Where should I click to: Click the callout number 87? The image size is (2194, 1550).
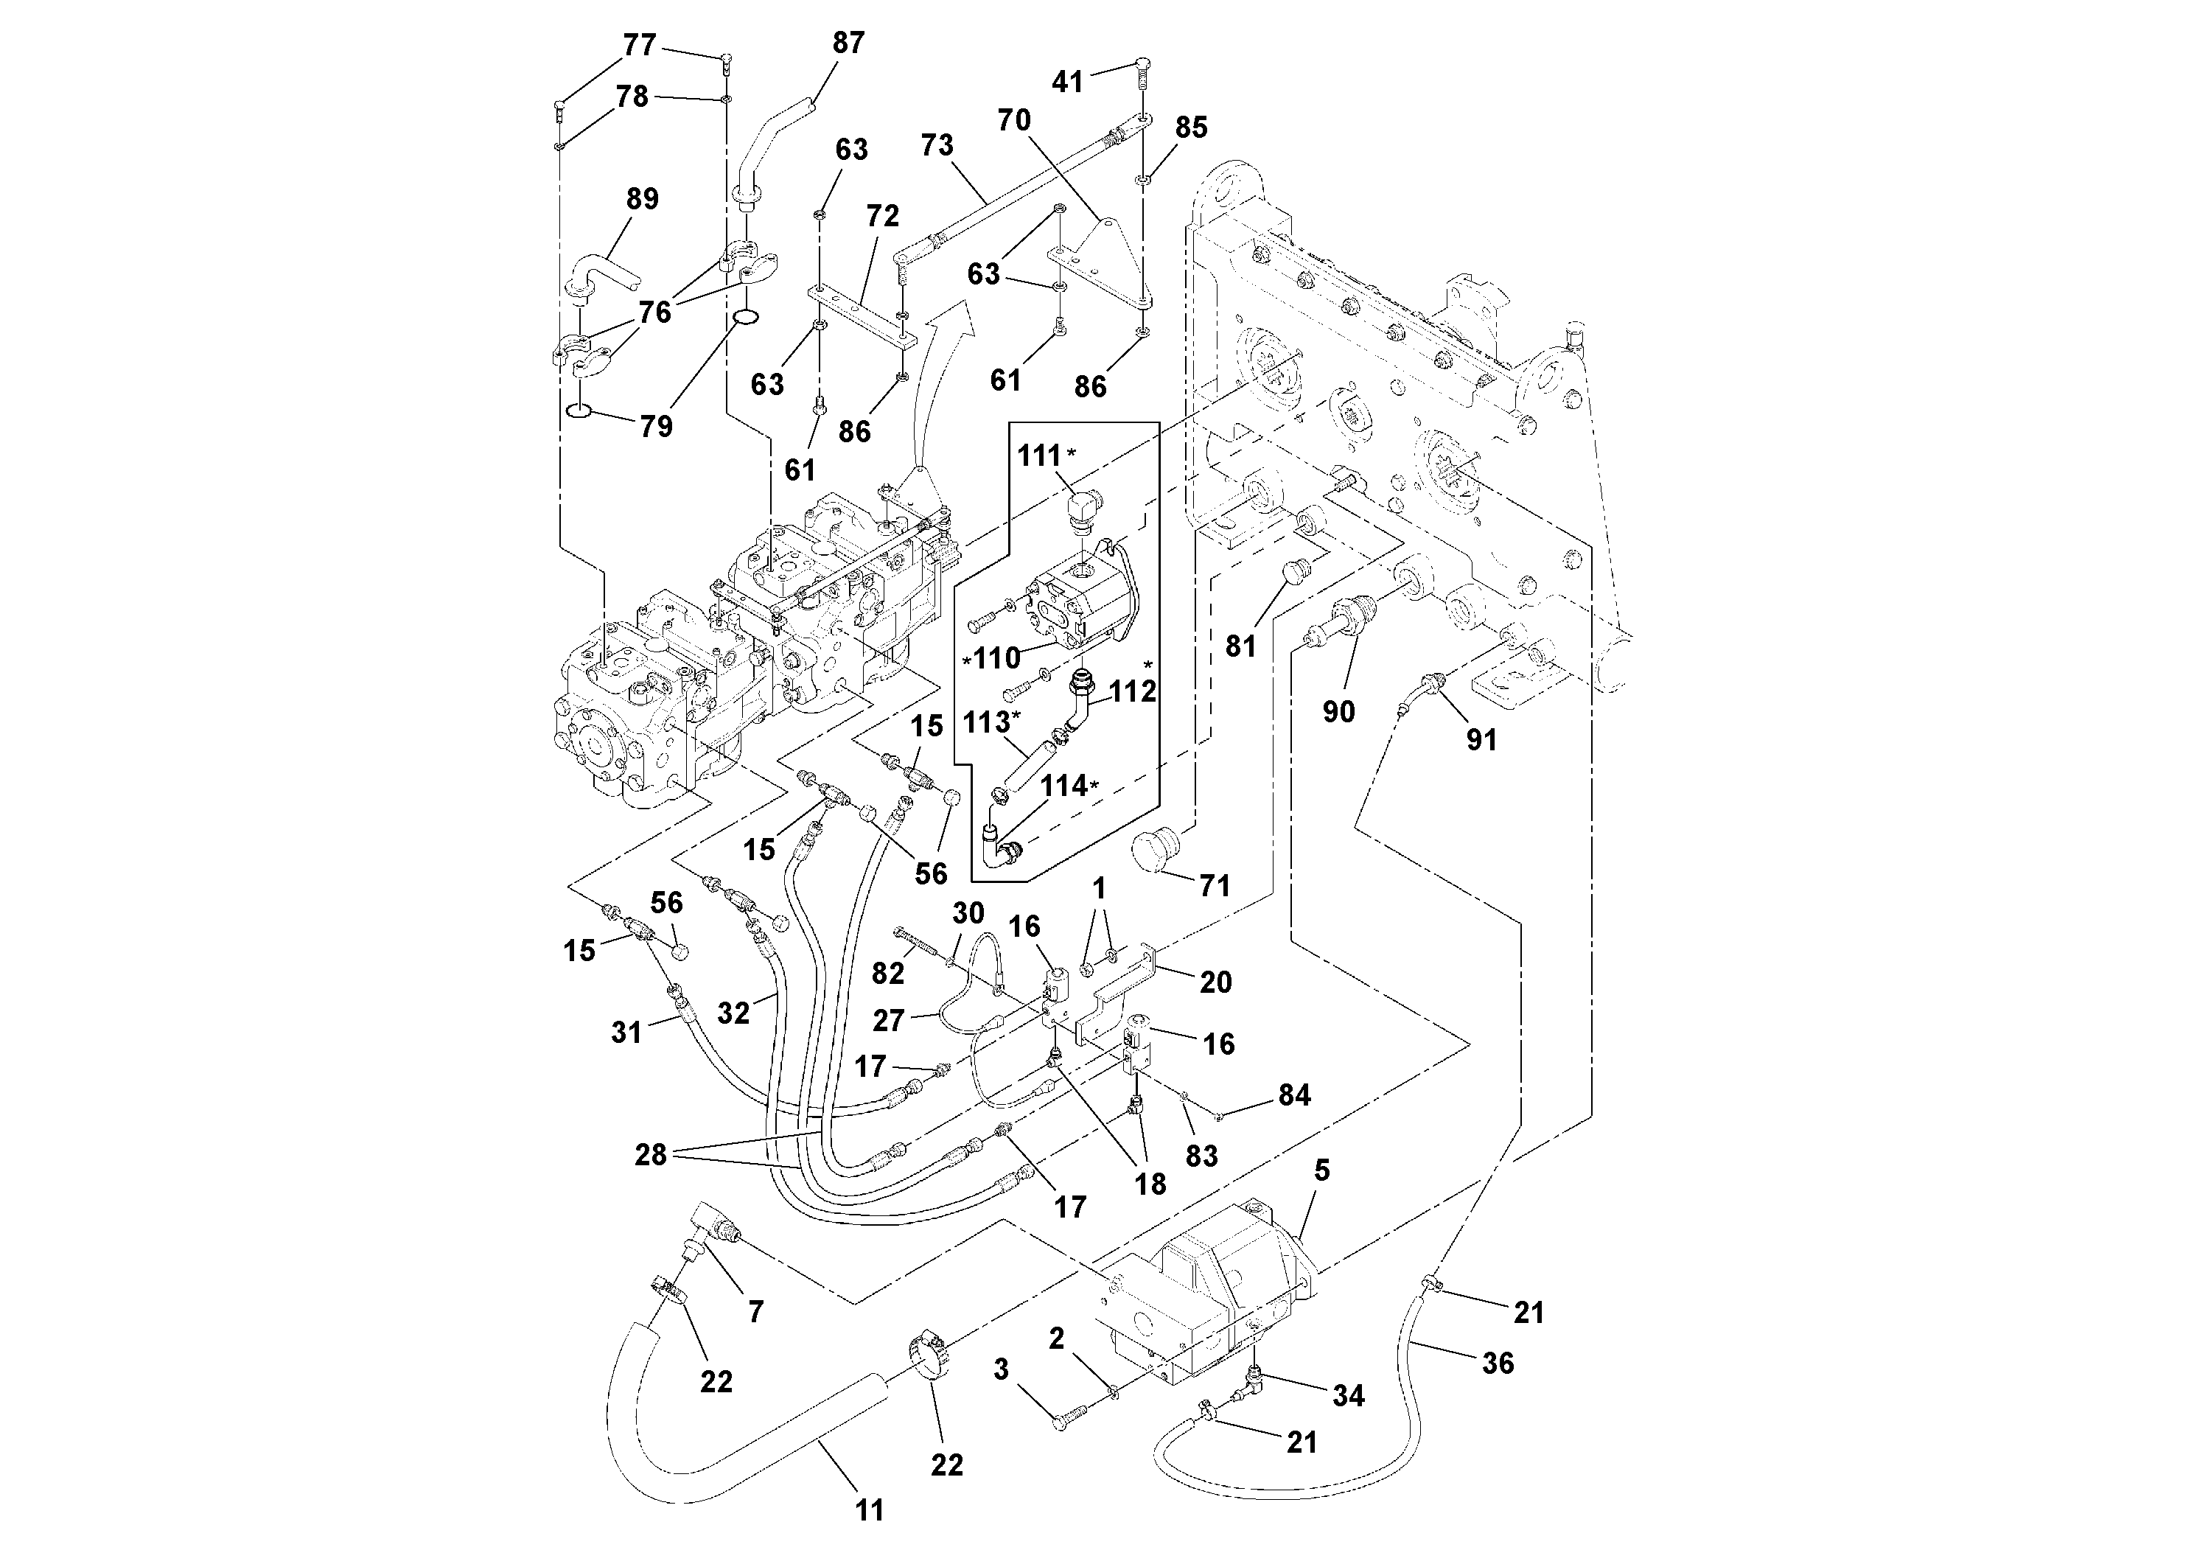click(848, 43)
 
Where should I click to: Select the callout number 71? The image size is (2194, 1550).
click(1214, 886)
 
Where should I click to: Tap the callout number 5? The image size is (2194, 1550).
click(1321, 1170)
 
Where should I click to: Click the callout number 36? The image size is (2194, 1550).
click(1498, 1363)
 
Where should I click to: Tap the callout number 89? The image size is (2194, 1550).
click(642, 199)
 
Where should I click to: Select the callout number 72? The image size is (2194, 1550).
click(882, 216)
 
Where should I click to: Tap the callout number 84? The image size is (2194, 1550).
click(1294, 1095)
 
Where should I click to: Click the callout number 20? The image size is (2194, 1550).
click(1215, 982)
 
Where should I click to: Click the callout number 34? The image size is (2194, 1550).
click(1349, 1395)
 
